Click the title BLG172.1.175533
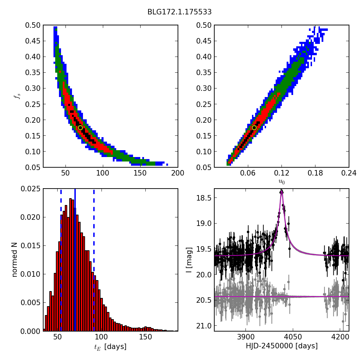[x=179, y=12]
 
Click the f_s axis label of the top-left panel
[x=15, y=96]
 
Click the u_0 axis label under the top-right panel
[x=281, y=182]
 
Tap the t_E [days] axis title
[x=110, y=347]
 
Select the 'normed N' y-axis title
[x=15, y=260]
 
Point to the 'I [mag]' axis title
[x=189, y=260]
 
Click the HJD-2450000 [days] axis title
[x=281, y=346]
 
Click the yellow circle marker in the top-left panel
[x=80, y=128]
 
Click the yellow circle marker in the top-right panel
[x=254, y=128]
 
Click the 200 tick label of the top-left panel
[x=177, y=173]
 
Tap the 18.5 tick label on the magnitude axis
[x=204, y=198]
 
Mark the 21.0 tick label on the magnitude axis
[x=204, y=325]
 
